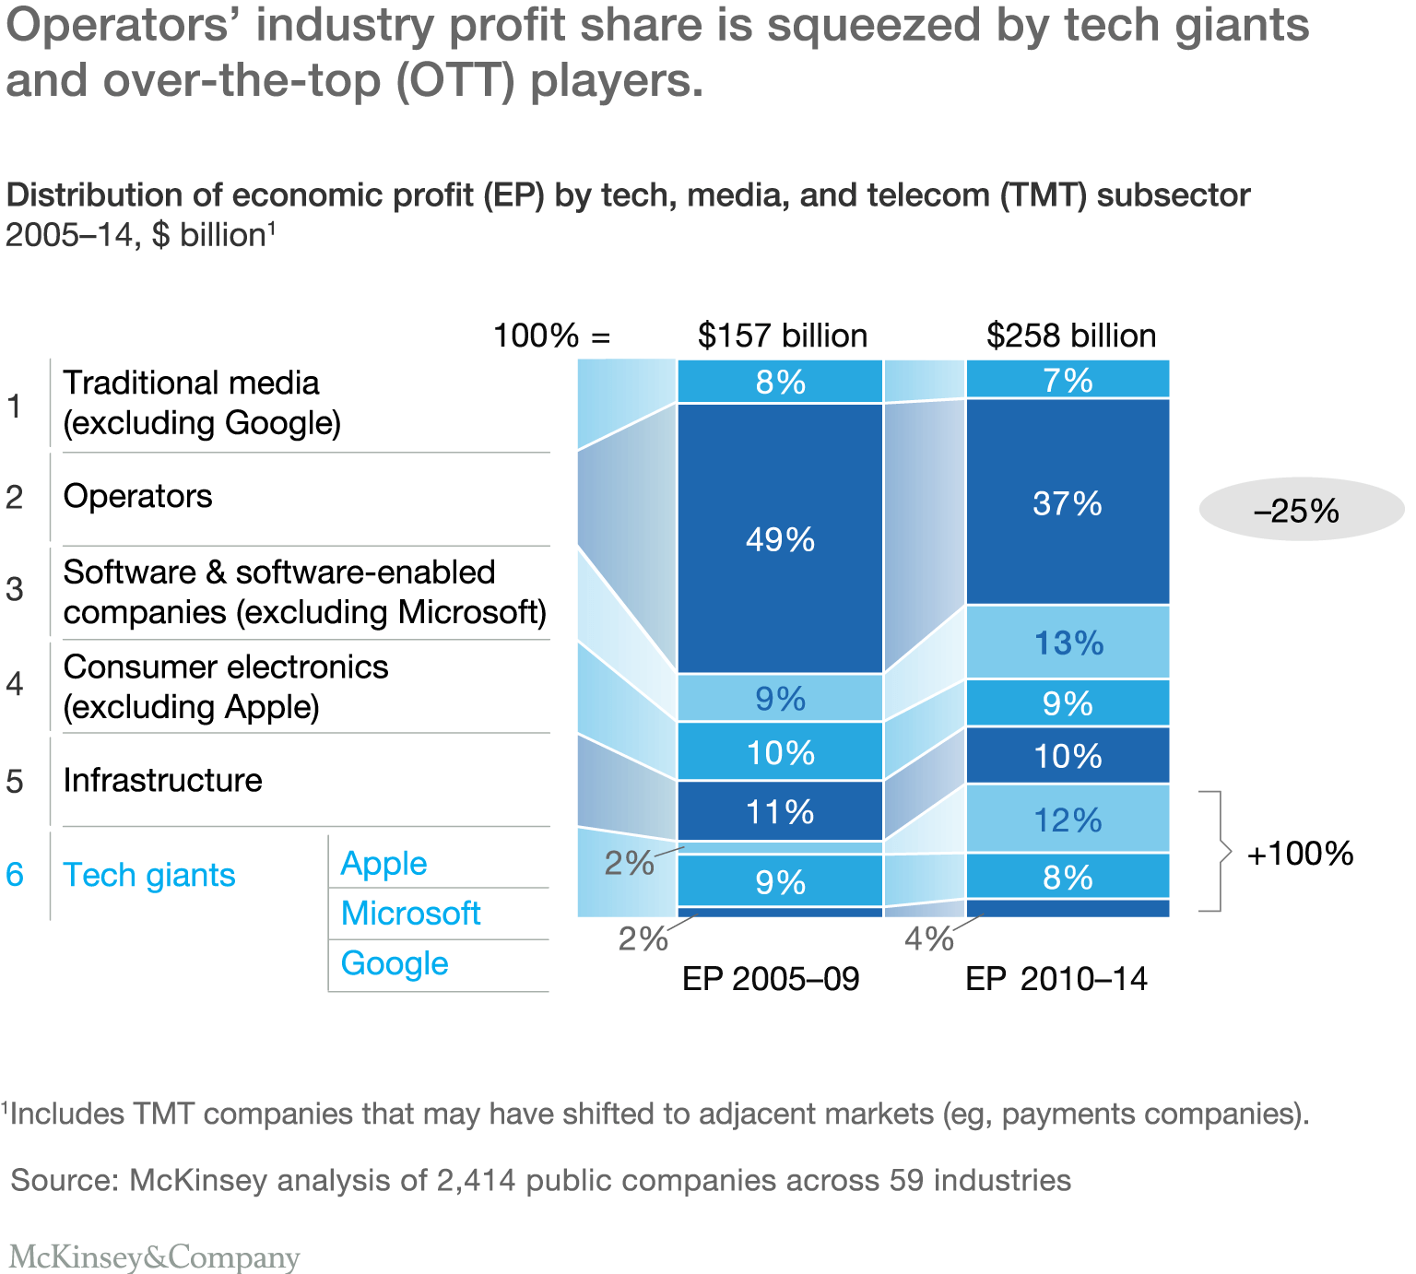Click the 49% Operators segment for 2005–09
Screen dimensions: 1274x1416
[780, 538]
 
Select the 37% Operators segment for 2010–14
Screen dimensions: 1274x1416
[1068, 502]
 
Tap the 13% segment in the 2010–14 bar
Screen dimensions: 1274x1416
[1068, 643]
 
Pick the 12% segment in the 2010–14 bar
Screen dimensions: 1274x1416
[1068, 819]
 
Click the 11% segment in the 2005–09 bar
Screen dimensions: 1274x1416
[780, 811]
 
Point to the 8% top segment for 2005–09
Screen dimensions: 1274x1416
[780, 381]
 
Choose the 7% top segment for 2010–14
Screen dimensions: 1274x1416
[1068, 379]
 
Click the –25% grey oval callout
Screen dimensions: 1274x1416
[1300, 510]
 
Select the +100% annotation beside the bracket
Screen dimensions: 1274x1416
[1300, 853]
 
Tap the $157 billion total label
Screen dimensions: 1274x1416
[783, 335]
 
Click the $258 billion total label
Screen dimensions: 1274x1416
[1071, 335]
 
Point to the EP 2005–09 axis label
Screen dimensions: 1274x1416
[771, 978]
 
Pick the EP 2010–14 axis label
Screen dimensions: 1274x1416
[1056, 978]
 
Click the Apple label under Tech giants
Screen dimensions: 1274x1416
[383, 863]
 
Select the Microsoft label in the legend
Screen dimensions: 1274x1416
[410, 913]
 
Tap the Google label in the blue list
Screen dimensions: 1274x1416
[395, 962]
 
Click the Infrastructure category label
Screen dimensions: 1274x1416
[162, 780]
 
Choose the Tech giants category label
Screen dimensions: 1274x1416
[149, 874]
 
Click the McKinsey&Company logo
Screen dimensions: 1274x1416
[155, 1256]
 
